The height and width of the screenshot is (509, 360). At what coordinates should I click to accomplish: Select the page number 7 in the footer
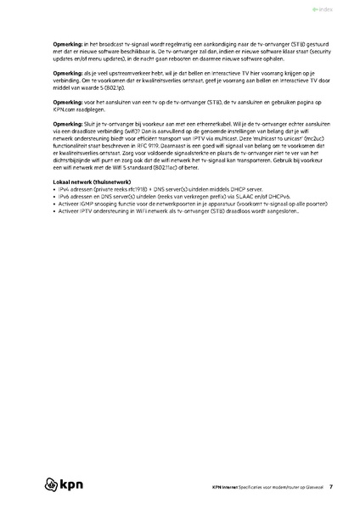click(x=331, y=487)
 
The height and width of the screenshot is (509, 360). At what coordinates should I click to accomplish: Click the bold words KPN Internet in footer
click(x=226, y=487)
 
